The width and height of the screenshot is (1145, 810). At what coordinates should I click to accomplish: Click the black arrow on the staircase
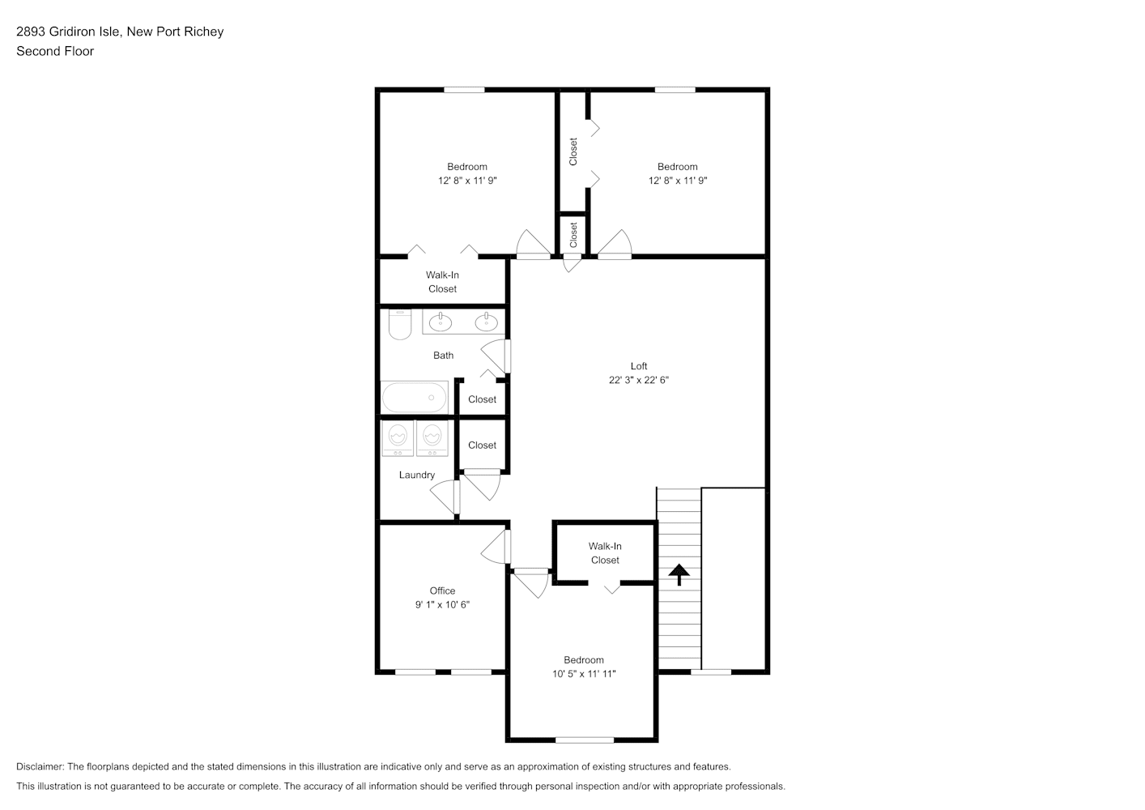pyautogui.click(x=679, y=574)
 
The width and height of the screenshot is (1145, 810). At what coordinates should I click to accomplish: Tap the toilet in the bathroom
pyautogui.click(x=400, y=324)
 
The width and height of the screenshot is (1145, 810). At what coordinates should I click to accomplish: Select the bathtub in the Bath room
pyautogui.click(x=414, y=397)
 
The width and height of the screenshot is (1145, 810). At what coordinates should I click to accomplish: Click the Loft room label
pyautogui.click(x=638, y=366)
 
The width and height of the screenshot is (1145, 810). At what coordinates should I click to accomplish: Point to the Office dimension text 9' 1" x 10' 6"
pyautogui.click(x=442, y=604)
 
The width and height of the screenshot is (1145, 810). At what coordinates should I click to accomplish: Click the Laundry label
pyautogui.click(x=416, y=475)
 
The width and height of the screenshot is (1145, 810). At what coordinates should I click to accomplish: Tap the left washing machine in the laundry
pyautogui.click(x=398, y=438)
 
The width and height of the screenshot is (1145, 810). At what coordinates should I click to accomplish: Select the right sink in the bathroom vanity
pyautogui.click(x=486, y=322)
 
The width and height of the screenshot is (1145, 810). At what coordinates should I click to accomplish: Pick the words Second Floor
pyautogui.click(x=55, y=51)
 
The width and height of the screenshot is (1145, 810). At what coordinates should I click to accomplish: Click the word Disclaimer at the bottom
pyautogui.click(x=40, y=766)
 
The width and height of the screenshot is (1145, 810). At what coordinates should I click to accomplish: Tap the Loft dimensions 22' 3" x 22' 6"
pyautogui.click(x=638, y=380)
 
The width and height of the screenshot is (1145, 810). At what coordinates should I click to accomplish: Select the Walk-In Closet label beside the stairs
pyautogui.click(x=605, y=553)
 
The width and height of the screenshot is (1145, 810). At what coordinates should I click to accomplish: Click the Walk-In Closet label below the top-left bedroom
pyautogui.click(x=442, y=282)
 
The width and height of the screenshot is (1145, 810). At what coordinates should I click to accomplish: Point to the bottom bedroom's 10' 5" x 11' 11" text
pyautogui.click(x=584, y=674)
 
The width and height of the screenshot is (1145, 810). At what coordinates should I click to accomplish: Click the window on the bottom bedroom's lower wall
pyautogui.click(x=585, y=740)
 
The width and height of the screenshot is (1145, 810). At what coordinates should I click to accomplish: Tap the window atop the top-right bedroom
pyautogui.click(x=675, y=90)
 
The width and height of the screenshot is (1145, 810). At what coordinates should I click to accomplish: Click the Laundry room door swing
pyautogui.click(x=445, y=497)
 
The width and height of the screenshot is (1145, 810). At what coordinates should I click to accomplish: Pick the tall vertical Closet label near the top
pyautogui.click(x=573, y=151)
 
